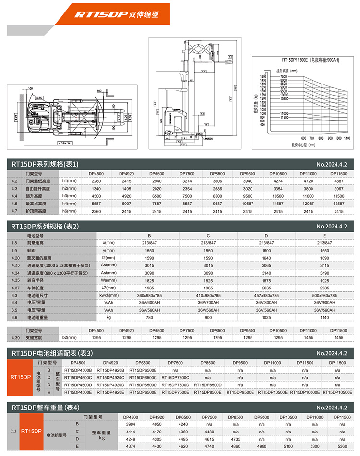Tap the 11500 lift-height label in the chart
pos(284,117)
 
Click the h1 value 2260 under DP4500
pos(96,181)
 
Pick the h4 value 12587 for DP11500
pos(339,204)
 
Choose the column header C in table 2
pos(208,236)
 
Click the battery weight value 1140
pos(324,317)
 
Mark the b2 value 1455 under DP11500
pos(339,338)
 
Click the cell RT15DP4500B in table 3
pos(78,370)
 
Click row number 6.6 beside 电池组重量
pos(14,317)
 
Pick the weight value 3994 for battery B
pos(130,425)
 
